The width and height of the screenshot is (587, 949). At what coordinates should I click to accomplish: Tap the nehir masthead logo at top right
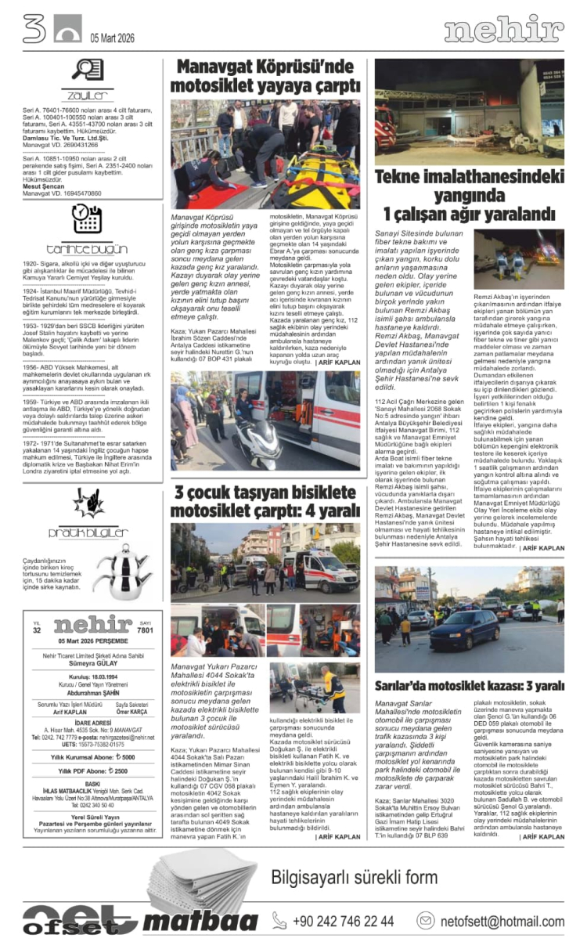point(503,31)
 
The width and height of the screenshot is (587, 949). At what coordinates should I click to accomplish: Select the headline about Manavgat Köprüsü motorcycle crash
point(265,76)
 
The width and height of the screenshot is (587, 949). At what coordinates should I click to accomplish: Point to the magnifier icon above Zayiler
point(82,70)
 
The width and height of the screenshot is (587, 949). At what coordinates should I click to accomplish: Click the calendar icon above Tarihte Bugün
point(86,220)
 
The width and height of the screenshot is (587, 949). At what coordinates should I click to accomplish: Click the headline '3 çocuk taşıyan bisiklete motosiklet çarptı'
point(265,501)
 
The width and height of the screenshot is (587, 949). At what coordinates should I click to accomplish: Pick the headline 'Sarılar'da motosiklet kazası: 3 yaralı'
point(469,686)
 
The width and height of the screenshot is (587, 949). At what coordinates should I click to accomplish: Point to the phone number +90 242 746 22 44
point(344,921)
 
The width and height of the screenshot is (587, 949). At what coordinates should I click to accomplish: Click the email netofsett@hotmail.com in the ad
point(501,921)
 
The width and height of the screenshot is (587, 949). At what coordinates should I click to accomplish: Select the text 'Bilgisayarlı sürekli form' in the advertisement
point(355,878)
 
